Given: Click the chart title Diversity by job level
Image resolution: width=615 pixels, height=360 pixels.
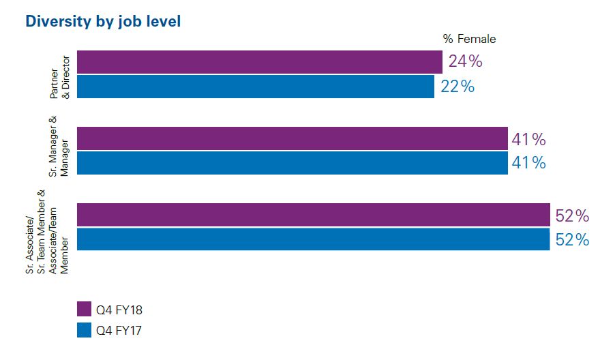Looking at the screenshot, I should click(x=103, y=22).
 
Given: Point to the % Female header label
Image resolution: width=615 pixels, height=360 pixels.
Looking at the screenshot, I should click(x=469, y=39).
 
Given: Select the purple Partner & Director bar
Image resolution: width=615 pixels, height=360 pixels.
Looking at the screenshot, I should click(x=259, y=62).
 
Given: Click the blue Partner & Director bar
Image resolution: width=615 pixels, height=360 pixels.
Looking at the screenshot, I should click(x=255, y=87).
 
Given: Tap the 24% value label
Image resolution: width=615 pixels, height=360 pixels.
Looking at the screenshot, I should click(x=466, y=61).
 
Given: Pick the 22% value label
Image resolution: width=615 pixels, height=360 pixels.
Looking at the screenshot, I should click(x=457, y=87).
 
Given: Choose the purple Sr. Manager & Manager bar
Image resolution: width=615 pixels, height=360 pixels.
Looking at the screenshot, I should click(x=292, y=138).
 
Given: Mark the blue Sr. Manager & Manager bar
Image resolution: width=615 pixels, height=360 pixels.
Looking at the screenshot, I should click(x=292, y=163).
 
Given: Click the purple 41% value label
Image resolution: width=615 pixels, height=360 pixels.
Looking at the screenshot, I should click(x=529, y=140).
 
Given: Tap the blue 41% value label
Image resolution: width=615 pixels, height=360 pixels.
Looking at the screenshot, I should click(x=529, y=164).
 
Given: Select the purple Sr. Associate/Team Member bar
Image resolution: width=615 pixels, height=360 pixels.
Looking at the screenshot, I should click(x=313, y=215).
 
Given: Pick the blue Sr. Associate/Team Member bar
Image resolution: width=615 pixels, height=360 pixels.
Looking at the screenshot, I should click(x=313, y=239).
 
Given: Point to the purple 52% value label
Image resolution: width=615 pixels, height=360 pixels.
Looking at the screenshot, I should click(x=572, y=216).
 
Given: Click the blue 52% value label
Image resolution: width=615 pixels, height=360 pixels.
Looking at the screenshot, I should click(x=572, y=240).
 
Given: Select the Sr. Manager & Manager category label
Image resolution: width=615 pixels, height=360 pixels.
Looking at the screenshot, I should click(x=59, y=146).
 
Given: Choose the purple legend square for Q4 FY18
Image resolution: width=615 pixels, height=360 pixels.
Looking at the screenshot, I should click(x=85, y=310).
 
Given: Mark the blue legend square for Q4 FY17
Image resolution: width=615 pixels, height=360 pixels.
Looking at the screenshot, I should click(x=85, y=331).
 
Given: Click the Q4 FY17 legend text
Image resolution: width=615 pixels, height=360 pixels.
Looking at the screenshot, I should click(x=119, y=331).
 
